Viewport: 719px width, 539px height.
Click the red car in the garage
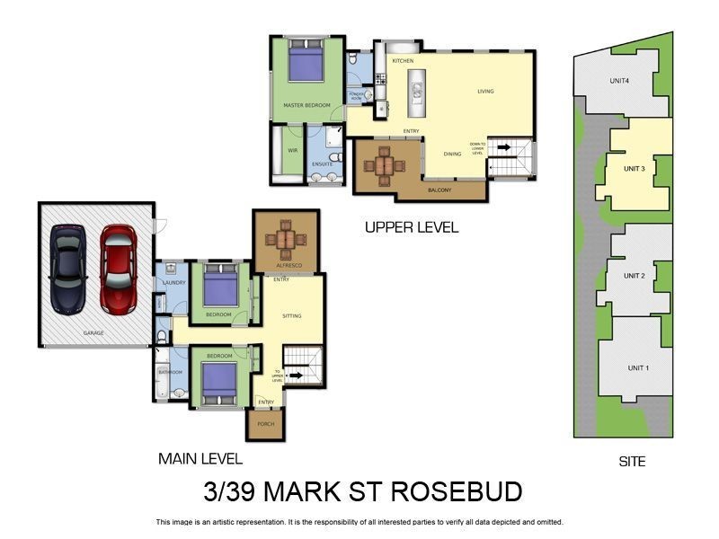point(118,269)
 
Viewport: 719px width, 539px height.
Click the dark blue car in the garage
point(68,269)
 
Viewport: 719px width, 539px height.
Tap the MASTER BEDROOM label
point(306,106)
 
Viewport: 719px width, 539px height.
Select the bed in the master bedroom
point(306,64)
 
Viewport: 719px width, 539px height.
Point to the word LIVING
point(485,91)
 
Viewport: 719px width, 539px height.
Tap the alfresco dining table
point(286,240)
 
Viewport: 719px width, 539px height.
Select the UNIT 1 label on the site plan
point(637,368)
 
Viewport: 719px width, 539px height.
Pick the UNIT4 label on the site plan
point(618,81)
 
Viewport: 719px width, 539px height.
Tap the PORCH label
point(265,424)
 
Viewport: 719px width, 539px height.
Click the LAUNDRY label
point(173,283)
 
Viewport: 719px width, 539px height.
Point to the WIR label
point(292,150)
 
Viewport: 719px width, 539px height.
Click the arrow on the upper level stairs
point(502,147)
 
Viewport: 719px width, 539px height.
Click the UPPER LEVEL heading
point(412,228)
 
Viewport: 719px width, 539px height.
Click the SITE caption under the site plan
point(632,462)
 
